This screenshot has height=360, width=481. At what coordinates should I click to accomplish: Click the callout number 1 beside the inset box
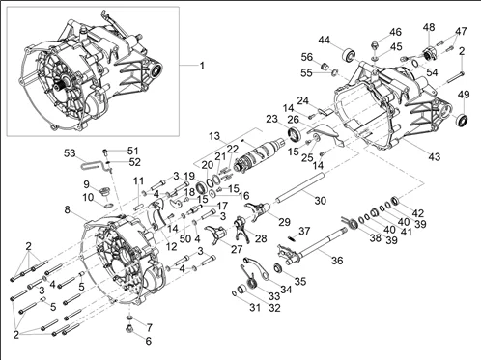click(x=202, y=66)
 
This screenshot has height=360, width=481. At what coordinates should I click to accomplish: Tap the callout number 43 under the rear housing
click(x=434, y=157)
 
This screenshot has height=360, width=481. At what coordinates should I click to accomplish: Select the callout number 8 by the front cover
click(x=67, y=209)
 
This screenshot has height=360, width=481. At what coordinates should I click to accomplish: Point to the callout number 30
click(x=320, y=201)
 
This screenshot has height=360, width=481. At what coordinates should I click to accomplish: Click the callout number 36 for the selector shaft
click(x=337, y=260)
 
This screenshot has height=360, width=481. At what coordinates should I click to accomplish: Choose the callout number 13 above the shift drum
click(x=214, y=136)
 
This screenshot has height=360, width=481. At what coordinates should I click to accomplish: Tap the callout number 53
click(x=70, y=152)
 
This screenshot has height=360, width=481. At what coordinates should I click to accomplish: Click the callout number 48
click(x=429, y=27)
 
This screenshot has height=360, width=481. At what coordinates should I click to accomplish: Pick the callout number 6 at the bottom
click(x=148, y=341)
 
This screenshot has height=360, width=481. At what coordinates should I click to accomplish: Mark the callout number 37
click(x=304, y=231)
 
